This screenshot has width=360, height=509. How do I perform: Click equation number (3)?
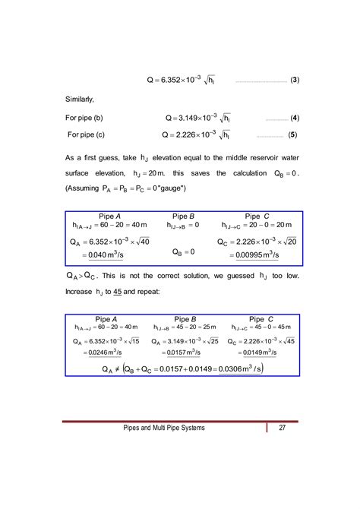coord(295,79)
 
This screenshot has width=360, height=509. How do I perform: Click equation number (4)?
coord(295,119)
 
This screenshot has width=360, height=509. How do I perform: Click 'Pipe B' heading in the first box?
coord(185,216)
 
